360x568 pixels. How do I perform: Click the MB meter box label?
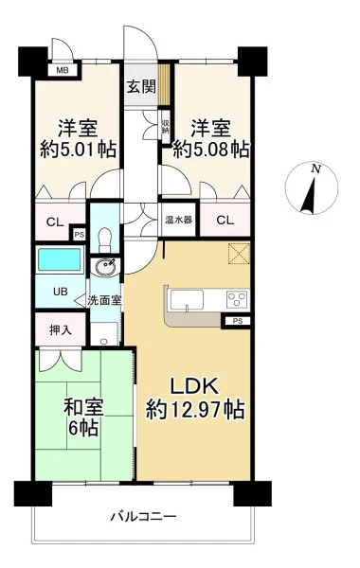pyautogui.click(x=63, y=70)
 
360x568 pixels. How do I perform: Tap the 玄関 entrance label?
pyautogui.click(x=141, y=86)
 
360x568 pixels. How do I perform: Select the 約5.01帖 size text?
pyautogui.click(x=78, y=150)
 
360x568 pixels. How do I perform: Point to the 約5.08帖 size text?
pyautogui.click(x=211, y=150)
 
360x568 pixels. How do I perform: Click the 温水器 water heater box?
pyautogui.click(x=179, y=220)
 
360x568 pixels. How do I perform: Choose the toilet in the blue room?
pyautogui.click(x=105, y=240)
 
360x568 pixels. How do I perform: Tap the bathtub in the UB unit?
pyautogui.click(x=60, y=259)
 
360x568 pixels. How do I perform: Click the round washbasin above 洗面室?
pyautogui.click(x=105, y=268)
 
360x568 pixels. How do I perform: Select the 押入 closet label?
pyautogui.click(x=61, y=330)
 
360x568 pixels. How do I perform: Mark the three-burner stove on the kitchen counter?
pyautogui.click(x=238, y=299)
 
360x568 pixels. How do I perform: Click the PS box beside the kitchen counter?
pyautogui.click(x=237, y=321)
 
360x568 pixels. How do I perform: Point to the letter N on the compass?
pyautogui.click(x=316, y=169)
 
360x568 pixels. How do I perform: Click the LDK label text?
pyautogui.click(x=194, y=386)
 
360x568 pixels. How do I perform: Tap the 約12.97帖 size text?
pyautogui.click(x=195, y=410)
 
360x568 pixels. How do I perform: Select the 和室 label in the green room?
pyautogui.click(x=83, y=407)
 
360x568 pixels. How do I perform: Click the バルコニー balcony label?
pyautogui.click(x=144, y=516)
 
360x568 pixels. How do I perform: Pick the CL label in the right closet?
pyautogui.click(x=225, y=221)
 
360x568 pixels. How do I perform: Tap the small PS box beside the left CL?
pyautogui.click(x=79, y=235)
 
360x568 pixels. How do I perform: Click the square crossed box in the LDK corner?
pyautogui.click(x=240, y=254)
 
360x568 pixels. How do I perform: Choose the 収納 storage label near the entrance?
pyautogui.click(x=166, y=127)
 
